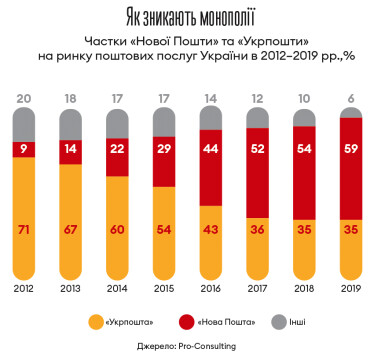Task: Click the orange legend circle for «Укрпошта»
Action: [x=97, y=322]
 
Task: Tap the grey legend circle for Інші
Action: [x=277, y=322]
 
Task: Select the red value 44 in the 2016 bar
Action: [x=211, y=147]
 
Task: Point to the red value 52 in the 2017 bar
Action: [x=256, y=147]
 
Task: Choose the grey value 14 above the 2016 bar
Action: [x=211, y=98]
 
